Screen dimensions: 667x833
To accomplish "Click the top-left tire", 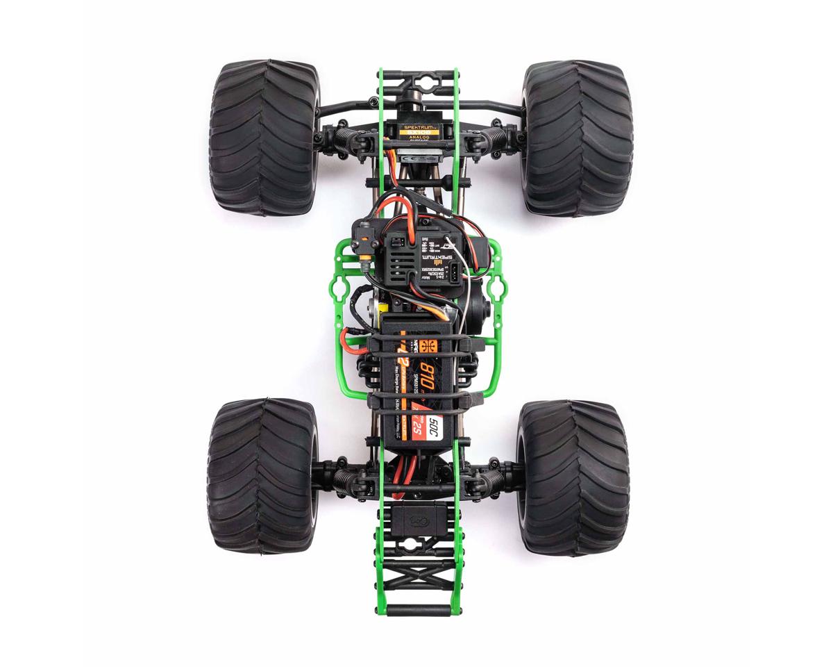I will [261, 136].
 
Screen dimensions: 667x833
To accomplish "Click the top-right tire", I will [576, 136].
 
